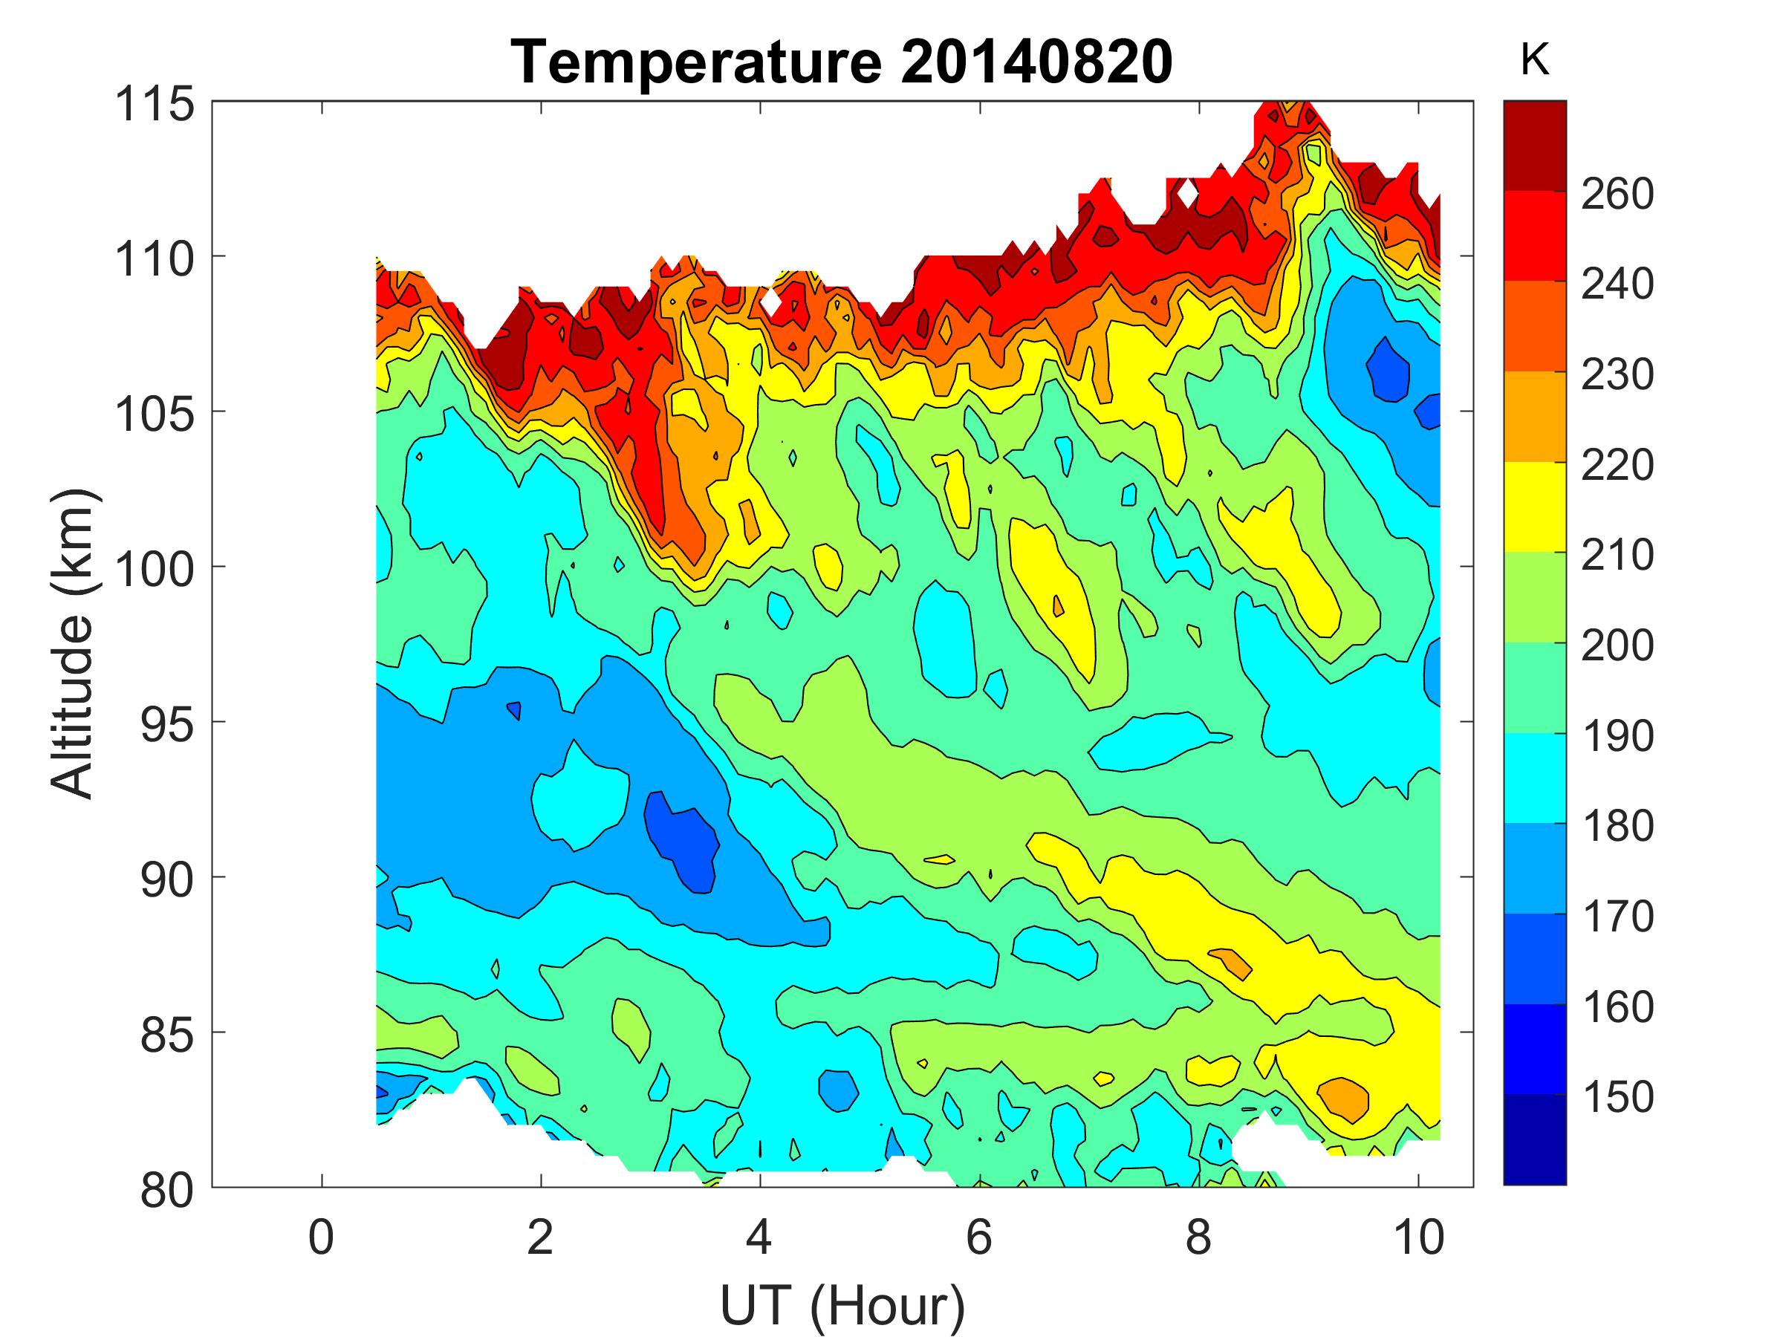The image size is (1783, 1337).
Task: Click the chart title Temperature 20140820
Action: pyautogui.click(x=842, y=63)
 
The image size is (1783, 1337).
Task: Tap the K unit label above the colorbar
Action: pyautogui.click(x=1534, y=61)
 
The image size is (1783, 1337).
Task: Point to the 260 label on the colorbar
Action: pyautogui.click(x=1617, y=194)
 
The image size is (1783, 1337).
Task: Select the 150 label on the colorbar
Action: pyautogui.click(x=1617, y=1098)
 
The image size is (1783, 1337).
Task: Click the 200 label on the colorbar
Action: pyautogui.click(x=1617, y=645)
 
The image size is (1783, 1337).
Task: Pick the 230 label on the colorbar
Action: pyautogui.click(x=1617, y=375)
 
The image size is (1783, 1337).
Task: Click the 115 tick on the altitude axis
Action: pyautogui.click(x=155, y=104)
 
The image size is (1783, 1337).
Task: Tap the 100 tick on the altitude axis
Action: pyautogui.click(x=155, y=569)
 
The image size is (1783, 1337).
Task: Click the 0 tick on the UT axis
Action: pyautogui.click(x=322, y=1237)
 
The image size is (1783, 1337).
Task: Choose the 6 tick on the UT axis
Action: pyautogui.click(x=978, y=1237)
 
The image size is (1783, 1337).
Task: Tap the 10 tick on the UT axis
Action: pyautogui.click(x=1417, y=1237)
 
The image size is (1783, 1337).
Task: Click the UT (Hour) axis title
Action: pyautogui.click(x=842, y=1307)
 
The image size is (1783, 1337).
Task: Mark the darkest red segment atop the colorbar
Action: pyautogui.click(x=1534, y=145)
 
